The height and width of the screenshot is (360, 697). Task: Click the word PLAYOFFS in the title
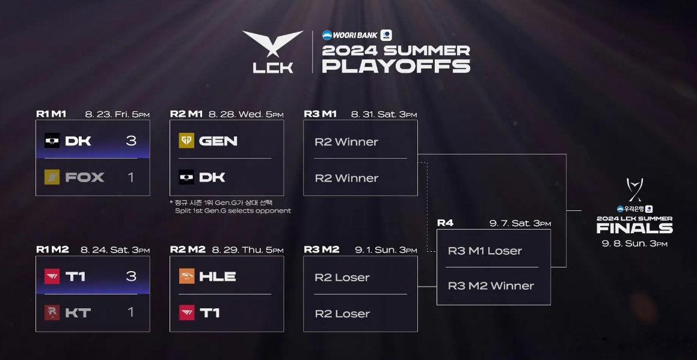396,66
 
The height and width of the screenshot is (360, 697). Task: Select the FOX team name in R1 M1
84,177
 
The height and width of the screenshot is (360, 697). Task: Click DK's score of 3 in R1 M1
130,141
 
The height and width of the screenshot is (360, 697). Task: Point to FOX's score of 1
130,177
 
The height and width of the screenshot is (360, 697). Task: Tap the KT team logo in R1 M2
52,313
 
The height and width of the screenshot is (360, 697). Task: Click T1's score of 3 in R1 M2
130,276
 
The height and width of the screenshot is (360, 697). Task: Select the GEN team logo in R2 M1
186,141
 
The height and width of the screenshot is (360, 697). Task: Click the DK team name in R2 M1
212,177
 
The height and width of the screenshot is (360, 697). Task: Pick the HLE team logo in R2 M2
186,276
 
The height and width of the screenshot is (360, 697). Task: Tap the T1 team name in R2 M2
209,313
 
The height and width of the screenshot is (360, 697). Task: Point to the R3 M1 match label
320,114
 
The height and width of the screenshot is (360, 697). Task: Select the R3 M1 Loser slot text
485,251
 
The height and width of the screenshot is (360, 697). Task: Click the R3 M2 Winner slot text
491,286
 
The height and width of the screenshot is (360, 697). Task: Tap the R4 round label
445,223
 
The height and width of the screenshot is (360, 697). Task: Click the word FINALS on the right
634,228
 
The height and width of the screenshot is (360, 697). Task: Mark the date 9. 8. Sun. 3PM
635,243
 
